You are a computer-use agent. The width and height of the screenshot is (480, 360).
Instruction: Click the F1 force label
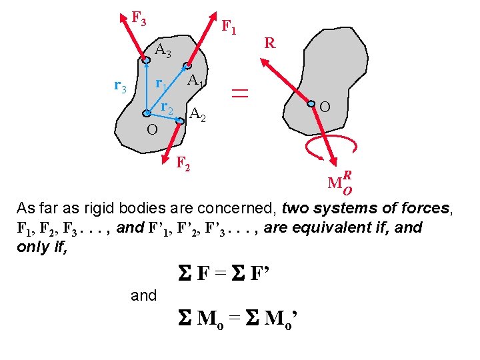coord(229,27)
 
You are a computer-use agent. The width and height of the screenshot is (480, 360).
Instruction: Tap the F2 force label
coord(183,162)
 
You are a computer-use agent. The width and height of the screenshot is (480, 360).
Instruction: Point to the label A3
coord(163,50)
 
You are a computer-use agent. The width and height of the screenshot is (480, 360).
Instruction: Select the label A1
coord(195,81)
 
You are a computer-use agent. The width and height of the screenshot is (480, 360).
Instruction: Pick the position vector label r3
coord(121,85)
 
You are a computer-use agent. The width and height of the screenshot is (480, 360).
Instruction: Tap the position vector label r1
coord(161,84)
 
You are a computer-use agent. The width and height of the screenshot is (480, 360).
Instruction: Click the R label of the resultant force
coord(269,44)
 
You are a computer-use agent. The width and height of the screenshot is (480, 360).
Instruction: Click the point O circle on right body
coord(311,103)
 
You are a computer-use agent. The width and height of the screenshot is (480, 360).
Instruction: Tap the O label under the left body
coord(152,128)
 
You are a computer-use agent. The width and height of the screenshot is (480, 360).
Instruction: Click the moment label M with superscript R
coord(340,181)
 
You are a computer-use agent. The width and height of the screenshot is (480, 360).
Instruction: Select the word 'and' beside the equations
coord(144,295)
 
